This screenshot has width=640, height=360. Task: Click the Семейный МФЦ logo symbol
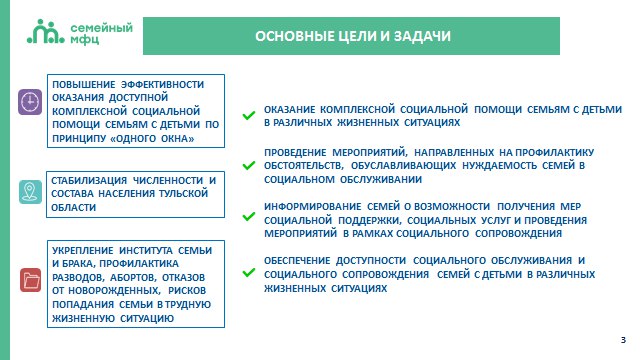46,31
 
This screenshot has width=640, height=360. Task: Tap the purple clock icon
30,102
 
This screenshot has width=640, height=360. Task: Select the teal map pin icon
30,192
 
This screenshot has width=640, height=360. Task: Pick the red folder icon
31,280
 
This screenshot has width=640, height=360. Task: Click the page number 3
623,340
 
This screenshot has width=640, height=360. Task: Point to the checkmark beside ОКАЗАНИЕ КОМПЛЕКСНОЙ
249,116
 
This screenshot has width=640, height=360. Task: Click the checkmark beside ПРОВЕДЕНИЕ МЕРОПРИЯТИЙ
249,165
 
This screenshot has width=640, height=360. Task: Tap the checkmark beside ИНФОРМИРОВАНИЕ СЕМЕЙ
249,217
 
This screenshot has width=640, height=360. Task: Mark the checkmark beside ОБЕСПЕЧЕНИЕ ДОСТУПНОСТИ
249,272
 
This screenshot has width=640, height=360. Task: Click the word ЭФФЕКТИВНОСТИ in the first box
162,84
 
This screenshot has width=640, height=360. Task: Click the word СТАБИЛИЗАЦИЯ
89,180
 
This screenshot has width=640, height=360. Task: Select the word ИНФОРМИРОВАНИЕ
313,207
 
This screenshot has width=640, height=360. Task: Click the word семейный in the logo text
102,28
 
